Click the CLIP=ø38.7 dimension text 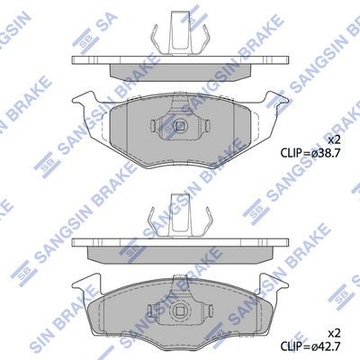[310, 153]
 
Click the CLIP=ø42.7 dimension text [310, 346]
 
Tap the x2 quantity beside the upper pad [333, 140]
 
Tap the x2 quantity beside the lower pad [333, 333]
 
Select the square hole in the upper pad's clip [180, 126]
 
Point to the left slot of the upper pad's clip [153, 126]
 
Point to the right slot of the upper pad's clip [207, 126]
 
